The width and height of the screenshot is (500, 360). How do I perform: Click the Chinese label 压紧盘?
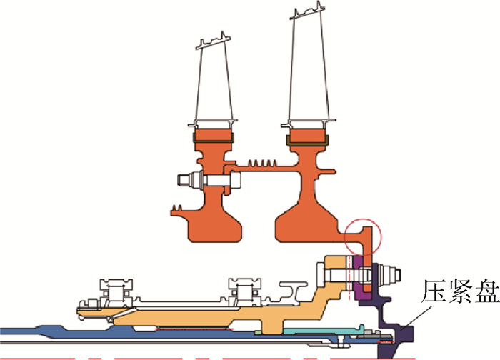click(x=460, y=291)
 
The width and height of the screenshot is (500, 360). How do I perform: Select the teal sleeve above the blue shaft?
click(x=322, y=331)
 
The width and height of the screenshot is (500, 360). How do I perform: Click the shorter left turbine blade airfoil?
click(x=213, y=84)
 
